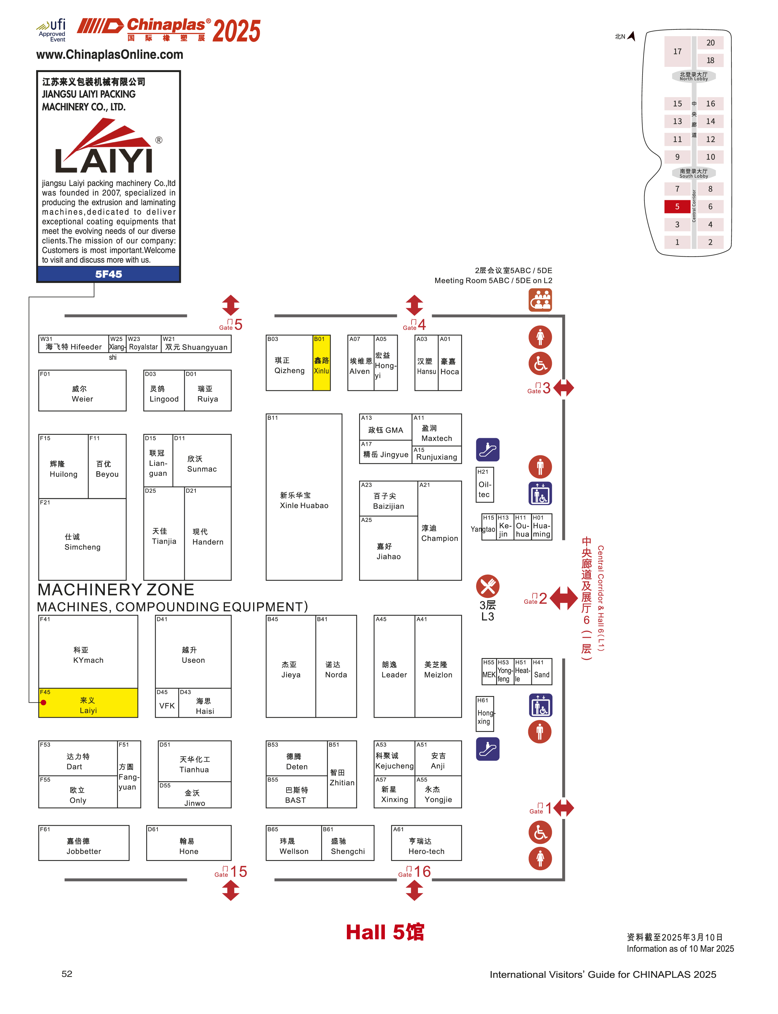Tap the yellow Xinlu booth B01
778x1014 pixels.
(x=321, y=363)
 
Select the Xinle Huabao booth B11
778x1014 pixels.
(x=304, y=497)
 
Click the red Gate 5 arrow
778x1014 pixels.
(x=231, y=305)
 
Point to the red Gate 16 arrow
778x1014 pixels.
(x=415, y=890)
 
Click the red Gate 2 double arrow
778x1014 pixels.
(x=563, y=598)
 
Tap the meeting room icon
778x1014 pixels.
(x=540, y=300)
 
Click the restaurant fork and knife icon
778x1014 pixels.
(x=488, y=586)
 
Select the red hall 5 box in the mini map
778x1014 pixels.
(x=677, y=207)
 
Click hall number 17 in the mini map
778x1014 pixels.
(x=677, y=52)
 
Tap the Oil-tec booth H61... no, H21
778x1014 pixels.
(x=485, y=485)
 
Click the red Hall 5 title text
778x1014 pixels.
(x=385, y=932)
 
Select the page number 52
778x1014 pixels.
(x=67, y=974)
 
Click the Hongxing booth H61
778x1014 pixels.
(x=485, y=714)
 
